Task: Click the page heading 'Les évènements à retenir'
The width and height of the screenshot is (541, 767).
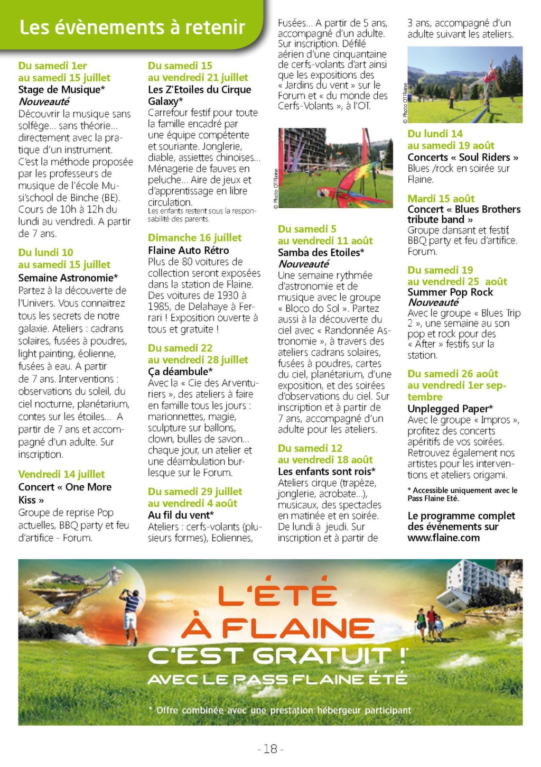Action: click(132, 27)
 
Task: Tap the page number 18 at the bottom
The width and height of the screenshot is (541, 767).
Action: click(270, 748)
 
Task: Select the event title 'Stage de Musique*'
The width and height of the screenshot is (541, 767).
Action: click(61, 89)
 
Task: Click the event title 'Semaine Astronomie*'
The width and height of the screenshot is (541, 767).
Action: click(68, 278)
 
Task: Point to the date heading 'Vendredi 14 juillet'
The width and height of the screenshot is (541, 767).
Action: click(61, 474)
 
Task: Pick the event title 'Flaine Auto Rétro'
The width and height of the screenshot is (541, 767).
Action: click(188, 250)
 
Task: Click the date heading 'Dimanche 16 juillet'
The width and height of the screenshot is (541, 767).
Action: click(194, 238)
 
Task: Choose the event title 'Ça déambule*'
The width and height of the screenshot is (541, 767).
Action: click(180, 372)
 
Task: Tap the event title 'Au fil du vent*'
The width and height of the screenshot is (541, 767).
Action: click(181, 515)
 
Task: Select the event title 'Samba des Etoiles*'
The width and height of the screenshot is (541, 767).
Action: click(321, 253)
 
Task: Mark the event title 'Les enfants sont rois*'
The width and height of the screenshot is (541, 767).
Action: click(327, 471)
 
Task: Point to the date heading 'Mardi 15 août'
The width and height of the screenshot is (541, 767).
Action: click(441, 199)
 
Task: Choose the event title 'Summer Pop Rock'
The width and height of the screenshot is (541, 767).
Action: click(450, 292)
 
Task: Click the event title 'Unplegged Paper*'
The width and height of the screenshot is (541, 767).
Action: click(450, 409)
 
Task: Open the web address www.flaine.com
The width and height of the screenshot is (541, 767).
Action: click(443, 538)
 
